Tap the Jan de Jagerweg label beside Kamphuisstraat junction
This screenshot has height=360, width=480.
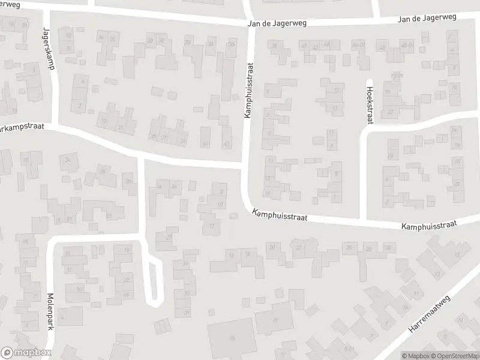pyautogui.click(x=277, y=23)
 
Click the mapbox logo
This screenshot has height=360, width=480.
pyautogui.click(x=26, y=353)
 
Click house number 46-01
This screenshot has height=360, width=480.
pyautogui.click(x=359, y=45)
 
